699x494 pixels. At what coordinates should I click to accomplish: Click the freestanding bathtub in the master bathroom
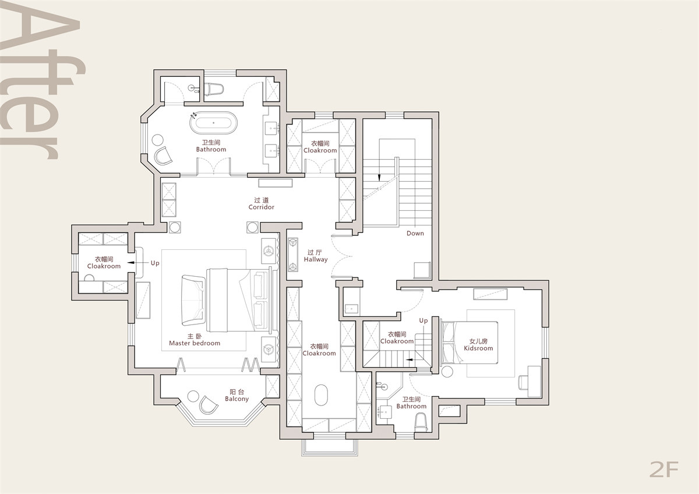pyautogui.click(x=213, y=123)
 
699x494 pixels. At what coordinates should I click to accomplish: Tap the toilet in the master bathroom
pyautogui.click(x=214, y=89)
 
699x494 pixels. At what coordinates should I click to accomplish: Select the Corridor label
pyautogui.click(x=261, y=203)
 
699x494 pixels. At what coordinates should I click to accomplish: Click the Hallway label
pyautogui.click(x=316, y=256)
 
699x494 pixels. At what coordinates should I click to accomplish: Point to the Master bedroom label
pyautogui.click(x=195, y=340)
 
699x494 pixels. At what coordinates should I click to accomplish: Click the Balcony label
pyautogui.click(x=237, y=396)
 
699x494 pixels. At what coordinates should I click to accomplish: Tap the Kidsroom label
pyautogui.click(x=478, y=345)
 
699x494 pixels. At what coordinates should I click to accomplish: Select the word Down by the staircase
pyautogui.click(x=415, y=233)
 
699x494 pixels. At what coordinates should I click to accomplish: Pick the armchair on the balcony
pyautogui.click(x=208, y=405)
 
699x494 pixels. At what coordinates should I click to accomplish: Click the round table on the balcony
pyautogui.click(x=193, y=396)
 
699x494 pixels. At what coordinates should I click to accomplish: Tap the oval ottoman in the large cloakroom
pyautogui.click(x=321, y=395)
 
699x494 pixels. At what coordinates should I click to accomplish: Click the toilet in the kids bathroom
pyautogui.click(x=421, y=422)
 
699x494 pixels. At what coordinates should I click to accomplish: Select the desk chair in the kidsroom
pyautogui.click(x=523, y=383)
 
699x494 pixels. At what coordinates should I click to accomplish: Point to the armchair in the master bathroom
pyautogui.click(x=163, y=156)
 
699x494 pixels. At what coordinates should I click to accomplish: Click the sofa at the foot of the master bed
pyautogui.click(x=193, y=301)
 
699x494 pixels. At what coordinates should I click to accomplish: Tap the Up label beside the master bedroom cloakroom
pyautogui.click(x=155, y=263)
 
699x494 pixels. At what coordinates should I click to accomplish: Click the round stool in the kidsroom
pyautogui.click(x=447, y=372)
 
